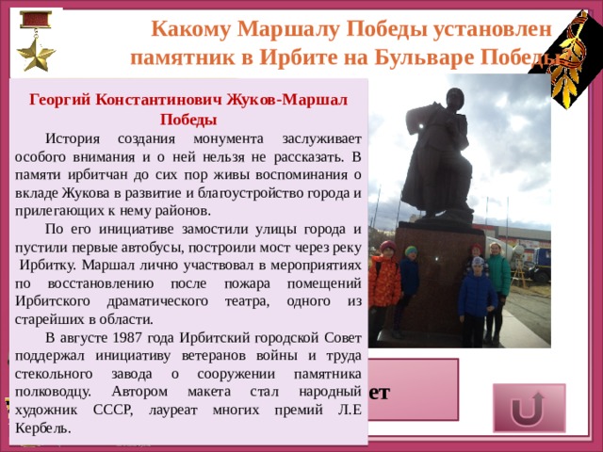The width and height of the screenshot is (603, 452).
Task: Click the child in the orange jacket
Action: [x=384, y=282]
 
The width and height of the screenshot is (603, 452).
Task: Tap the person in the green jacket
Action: [x=497, y=278]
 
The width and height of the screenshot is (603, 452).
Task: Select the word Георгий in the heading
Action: [x=62, y=99]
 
